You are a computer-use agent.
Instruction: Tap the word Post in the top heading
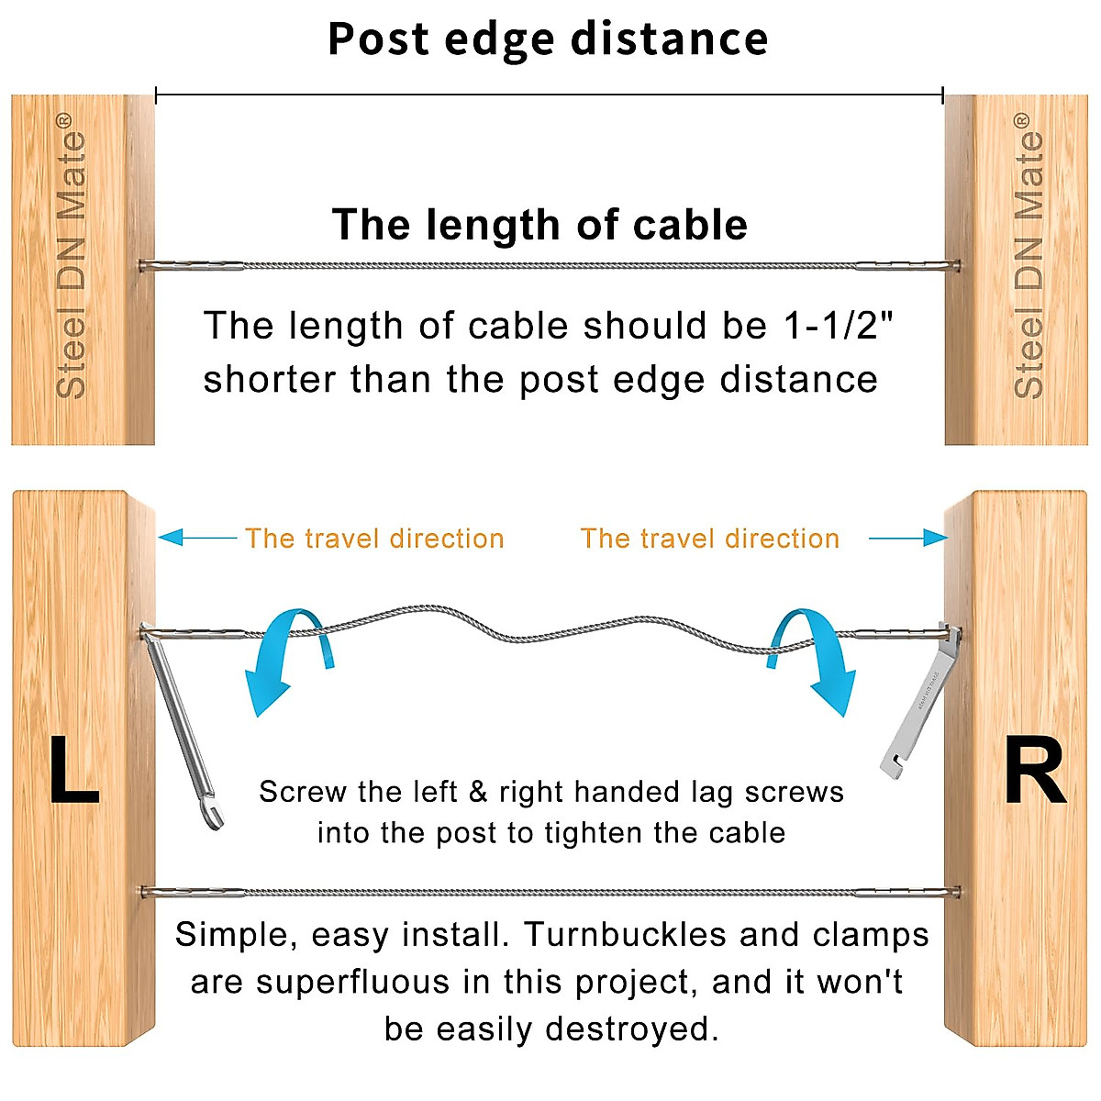[x=378, y=39]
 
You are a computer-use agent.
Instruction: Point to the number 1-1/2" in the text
[x=839, y=326]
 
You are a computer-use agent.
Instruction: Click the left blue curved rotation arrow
[x=284, y=656]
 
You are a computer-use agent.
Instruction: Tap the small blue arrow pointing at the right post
[x=908, y=538]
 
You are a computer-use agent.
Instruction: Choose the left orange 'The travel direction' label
[x=374, y=539]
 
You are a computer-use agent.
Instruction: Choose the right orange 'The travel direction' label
[x=710, y=539]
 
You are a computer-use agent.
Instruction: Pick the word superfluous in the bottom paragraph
[x=353, y=982]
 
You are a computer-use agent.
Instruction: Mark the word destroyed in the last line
[x=632, y=1029]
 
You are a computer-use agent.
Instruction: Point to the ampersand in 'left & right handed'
[x=477, y=792]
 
